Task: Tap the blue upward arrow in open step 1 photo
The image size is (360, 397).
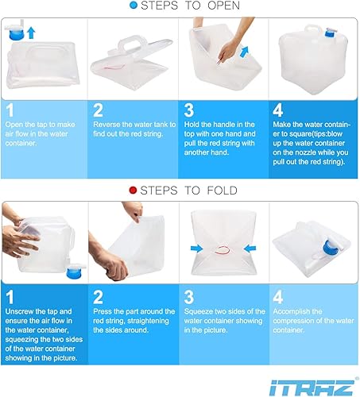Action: (x=31, y=33)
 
